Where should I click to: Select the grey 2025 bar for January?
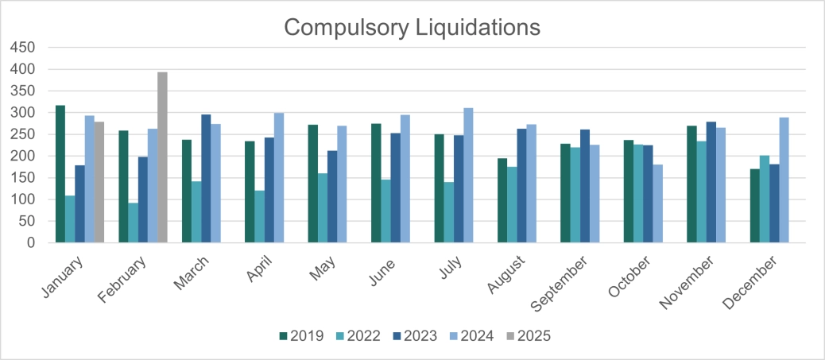tap(99, 182)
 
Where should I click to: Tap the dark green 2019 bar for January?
tap(60, 174)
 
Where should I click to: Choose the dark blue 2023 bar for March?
tap(206, 179)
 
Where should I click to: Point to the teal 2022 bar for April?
tap(259, 216)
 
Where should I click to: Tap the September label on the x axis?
tap(570, 279)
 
